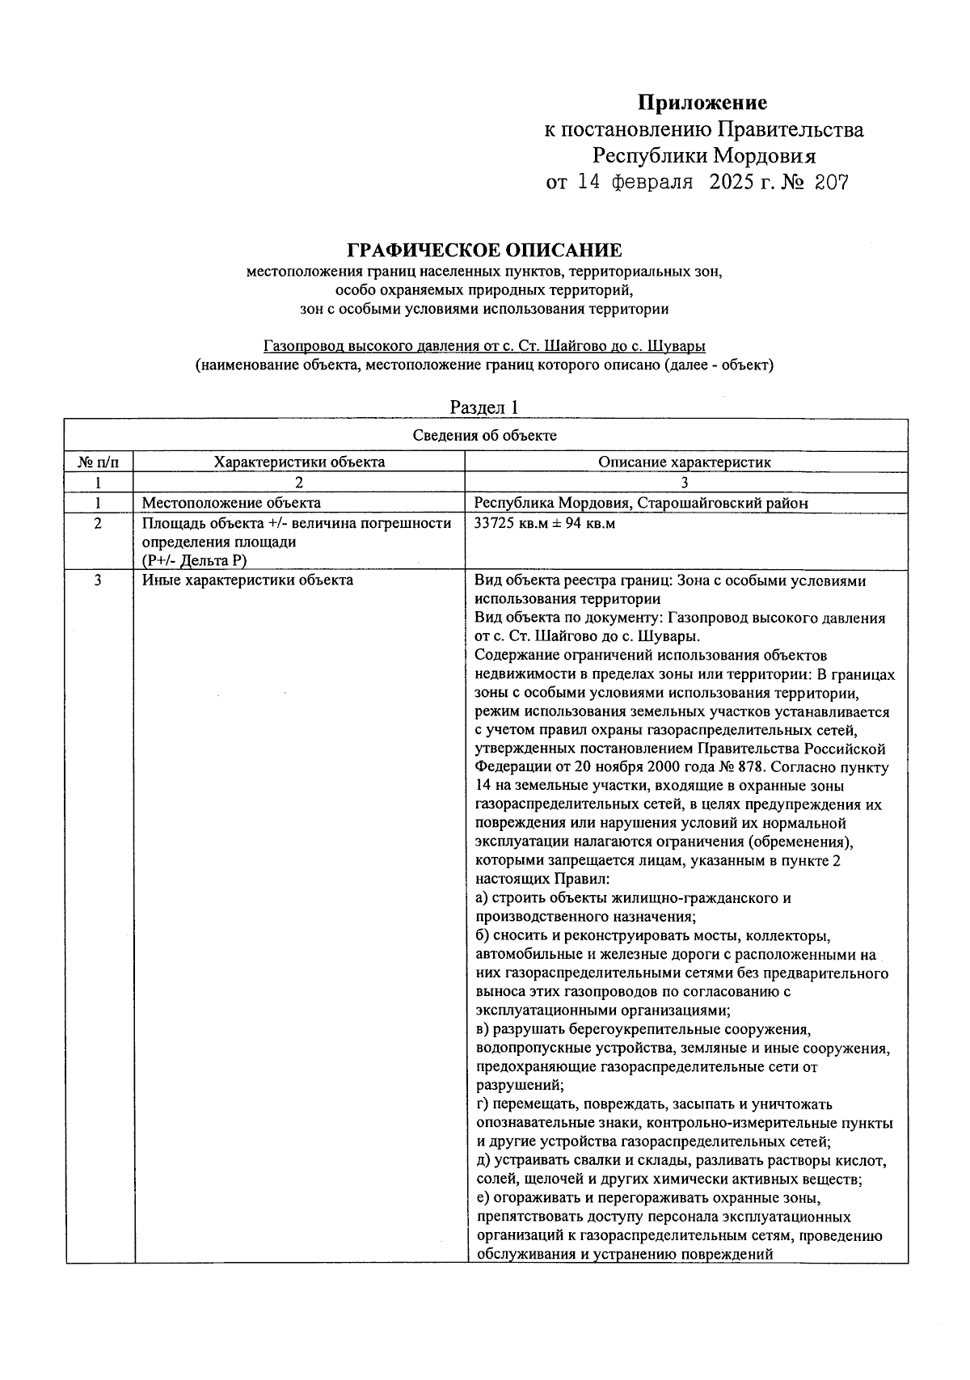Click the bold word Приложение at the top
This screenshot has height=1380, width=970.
[x=702, y=103]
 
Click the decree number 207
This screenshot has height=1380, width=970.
[x=831, y=183]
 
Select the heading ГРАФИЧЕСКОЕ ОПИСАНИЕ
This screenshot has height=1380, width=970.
[x=484, y=251]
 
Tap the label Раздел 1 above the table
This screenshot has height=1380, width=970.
[x=483, y=407]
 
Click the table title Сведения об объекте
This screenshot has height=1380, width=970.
[x=485, y=436]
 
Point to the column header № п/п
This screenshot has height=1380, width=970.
[x=98, y=462]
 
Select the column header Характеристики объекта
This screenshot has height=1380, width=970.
[x=299, y=462]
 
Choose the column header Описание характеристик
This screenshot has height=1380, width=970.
[x=685, y=462]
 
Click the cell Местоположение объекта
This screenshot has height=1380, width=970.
[x=231, y=503]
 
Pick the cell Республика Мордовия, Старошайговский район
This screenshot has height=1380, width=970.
[x=641, y=503]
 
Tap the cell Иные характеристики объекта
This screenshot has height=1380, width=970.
[x=247, y=580]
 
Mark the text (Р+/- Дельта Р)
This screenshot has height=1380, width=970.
[x=194, y=561]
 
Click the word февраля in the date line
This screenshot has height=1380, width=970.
[x=649, y=183]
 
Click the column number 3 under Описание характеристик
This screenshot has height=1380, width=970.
[x=685, y=483]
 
